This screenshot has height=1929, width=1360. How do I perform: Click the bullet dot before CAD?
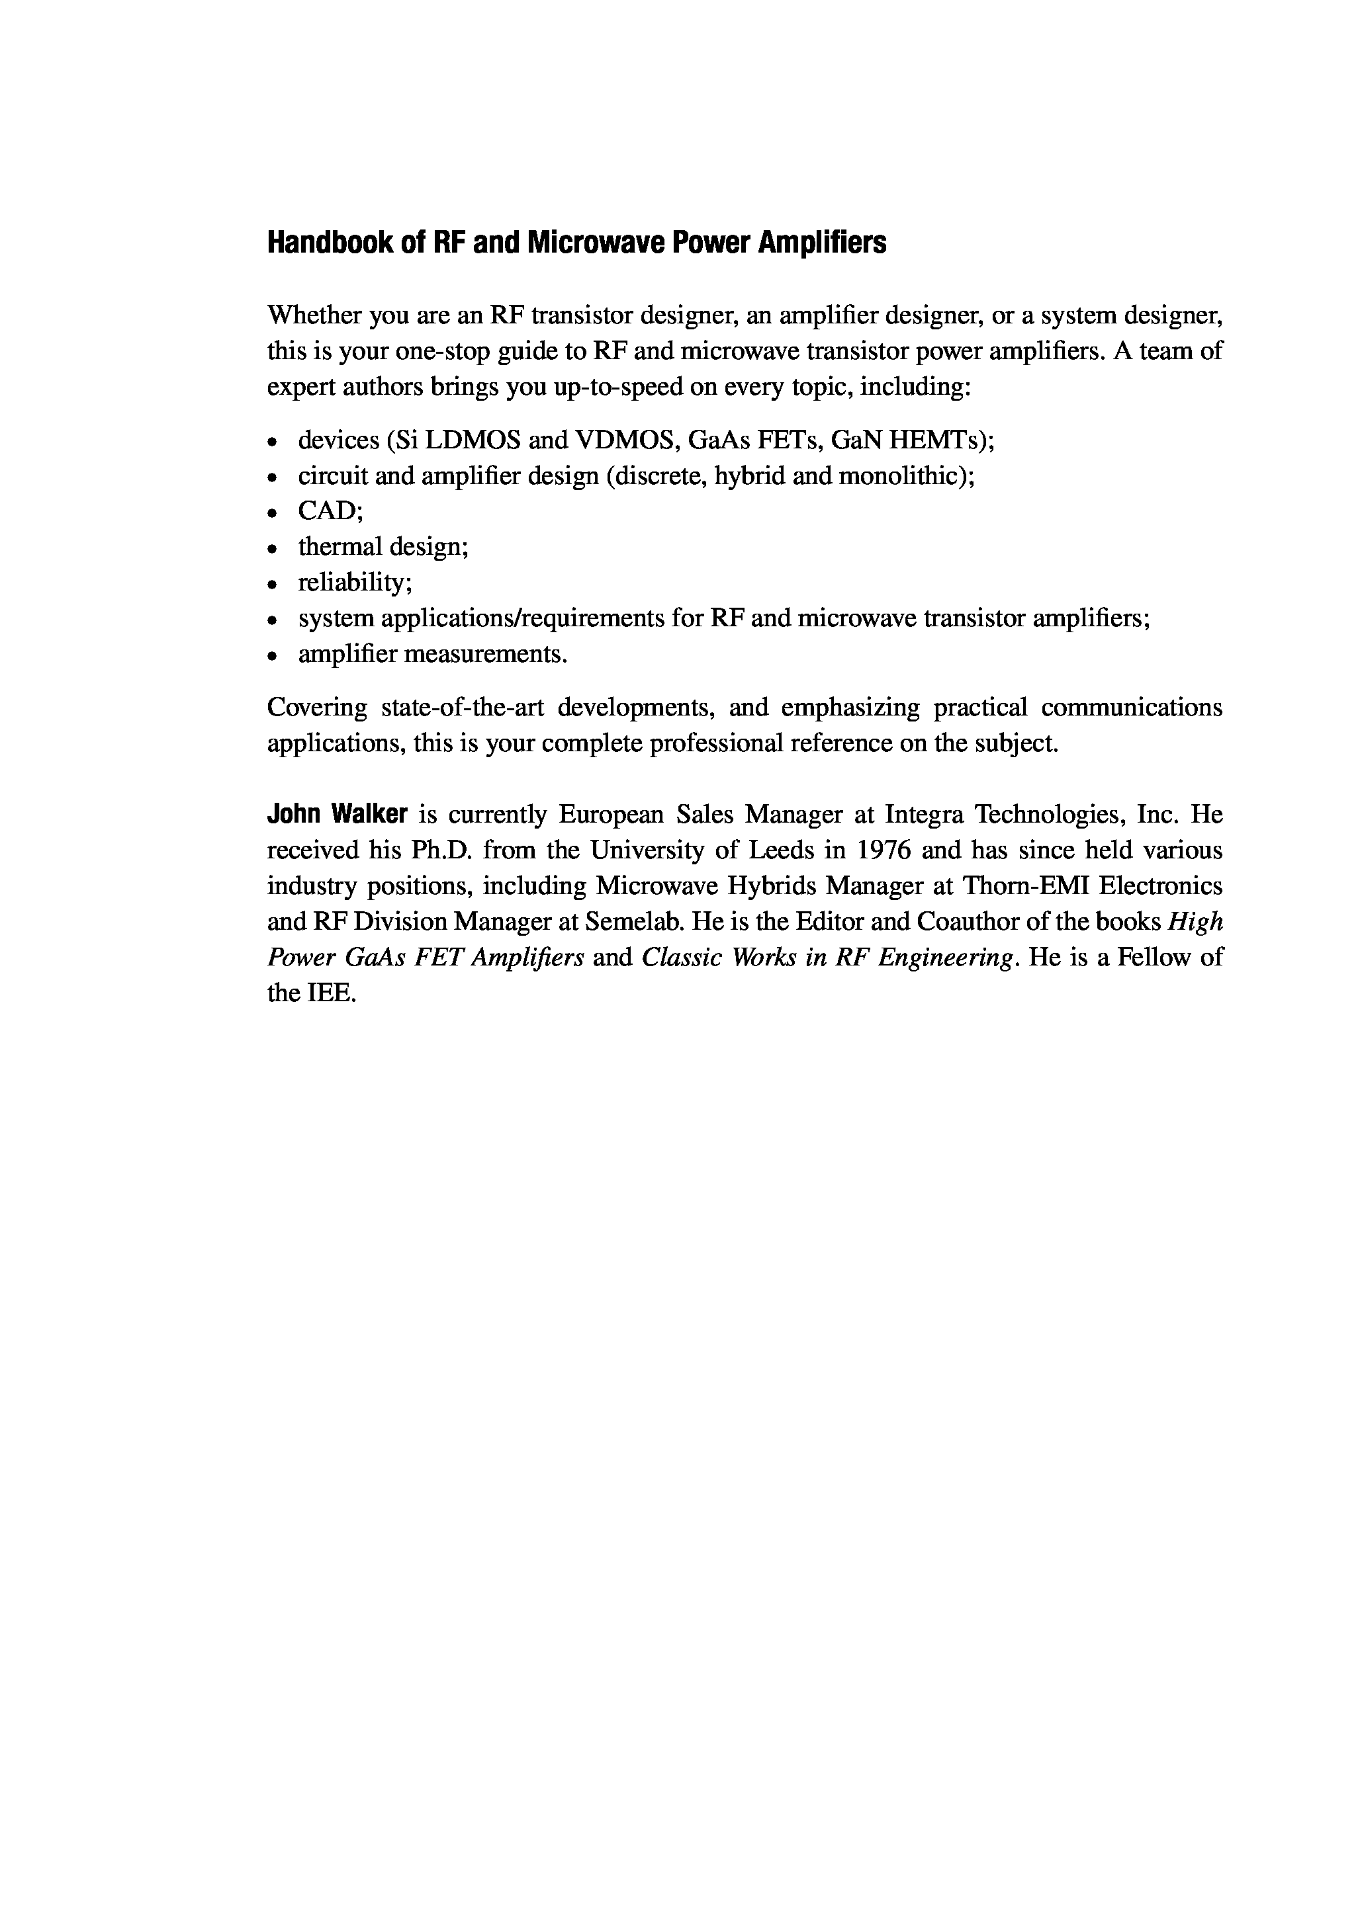click(x=271, y=513)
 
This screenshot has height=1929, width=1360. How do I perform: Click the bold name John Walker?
click(x=337, y=814)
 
